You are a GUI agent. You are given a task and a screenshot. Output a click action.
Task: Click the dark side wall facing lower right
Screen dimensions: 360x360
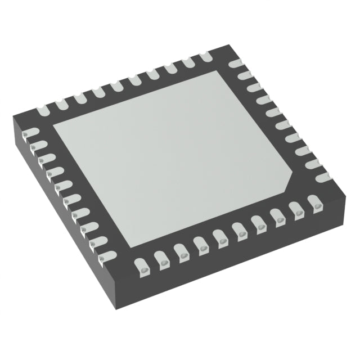[x=236, y=264]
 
